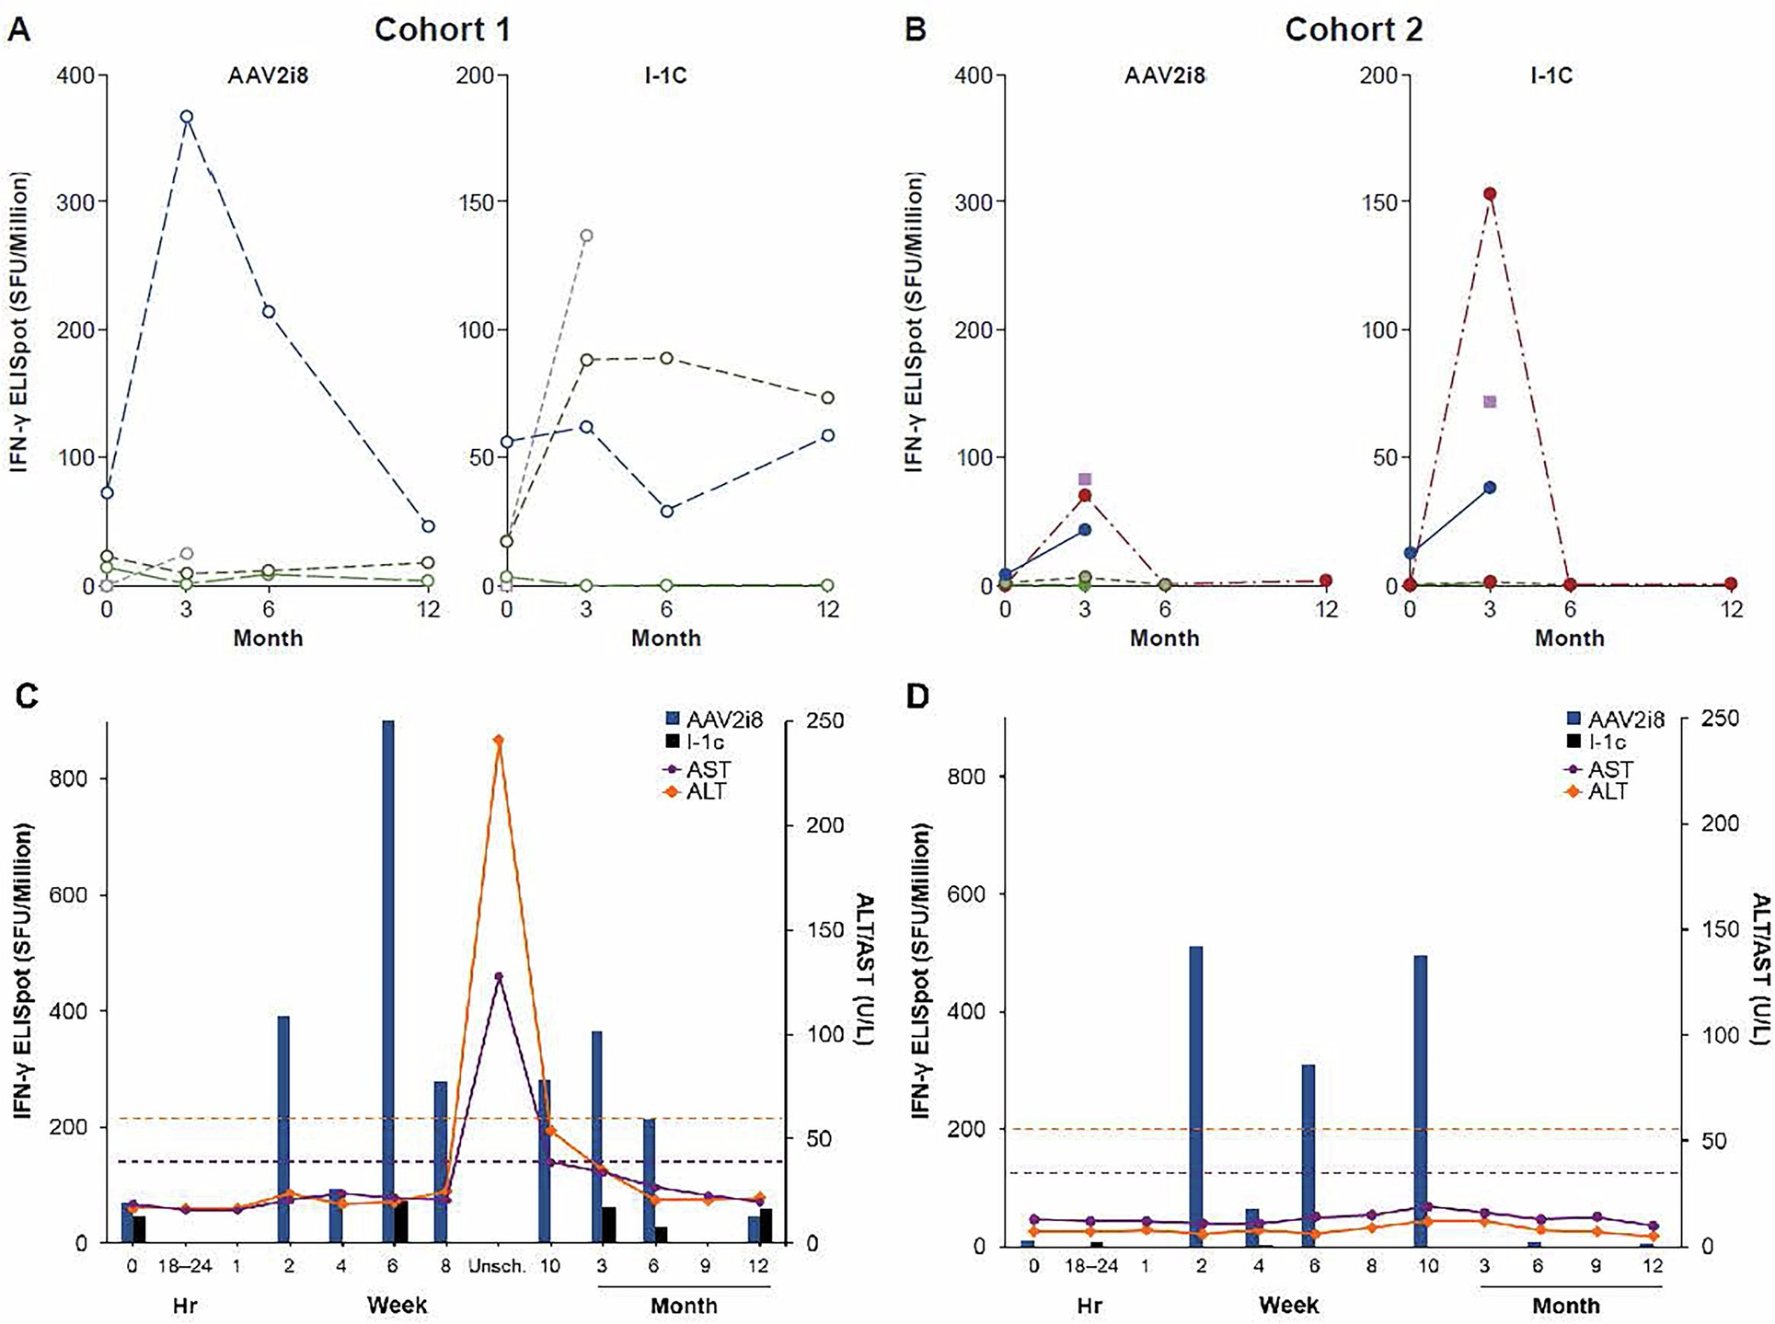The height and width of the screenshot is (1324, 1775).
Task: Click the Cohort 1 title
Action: point(442,29)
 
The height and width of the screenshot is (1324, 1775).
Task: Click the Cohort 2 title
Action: point(1353,29)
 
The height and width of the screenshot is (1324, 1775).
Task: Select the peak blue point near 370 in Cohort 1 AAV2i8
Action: point(187,117)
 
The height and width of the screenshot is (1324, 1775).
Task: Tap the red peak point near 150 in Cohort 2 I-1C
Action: point(1490,194)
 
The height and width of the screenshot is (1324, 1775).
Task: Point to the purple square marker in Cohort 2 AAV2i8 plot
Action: point(1085,479)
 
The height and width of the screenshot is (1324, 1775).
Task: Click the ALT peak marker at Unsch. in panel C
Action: point(498,741)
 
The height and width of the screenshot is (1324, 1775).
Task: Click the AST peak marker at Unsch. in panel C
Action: point(498,976)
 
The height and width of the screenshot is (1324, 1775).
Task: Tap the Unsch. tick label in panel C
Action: point(497,1266)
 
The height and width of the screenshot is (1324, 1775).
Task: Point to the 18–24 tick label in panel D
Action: point(1091,1266)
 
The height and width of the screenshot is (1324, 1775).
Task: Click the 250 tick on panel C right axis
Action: point(824,721)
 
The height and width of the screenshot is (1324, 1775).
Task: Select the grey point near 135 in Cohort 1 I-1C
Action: point(586,236)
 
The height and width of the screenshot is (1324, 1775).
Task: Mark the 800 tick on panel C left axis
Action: point(68,778)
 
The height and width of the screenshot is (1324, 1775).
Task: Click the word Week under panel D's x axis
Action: point(1288,1305)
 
